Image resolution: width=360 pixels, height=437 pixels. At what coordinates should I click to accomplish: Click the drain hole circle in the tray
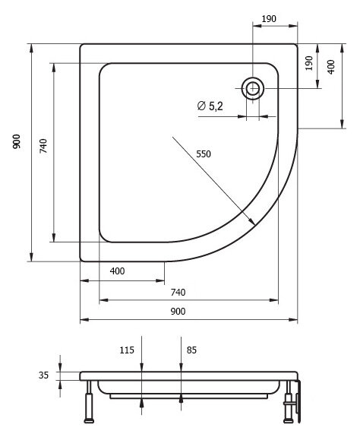[252, 87]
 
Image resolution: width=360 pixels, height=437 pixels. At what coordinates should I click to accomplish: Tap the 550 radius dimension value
[203, 154]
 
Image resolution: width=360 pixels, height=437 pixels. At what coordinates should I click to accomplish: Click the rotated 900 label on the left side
[16, 143]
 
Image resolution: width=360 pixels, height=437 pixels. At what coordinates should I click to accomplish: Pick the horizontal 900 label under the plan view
[178, 312]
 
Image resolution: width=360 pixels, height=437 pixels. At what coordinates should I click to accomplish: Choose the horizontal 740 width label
[178, 293]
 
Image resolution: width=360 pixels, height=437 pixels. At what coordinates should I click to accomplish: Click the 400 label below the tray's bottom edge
[117, 271]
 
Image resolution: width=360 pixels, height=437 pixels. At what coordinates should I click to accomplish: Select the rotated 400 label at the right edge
[331, 67]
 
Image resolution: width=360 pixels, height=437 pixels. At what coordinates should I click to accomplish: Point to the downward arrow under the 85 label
[180, 369]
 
